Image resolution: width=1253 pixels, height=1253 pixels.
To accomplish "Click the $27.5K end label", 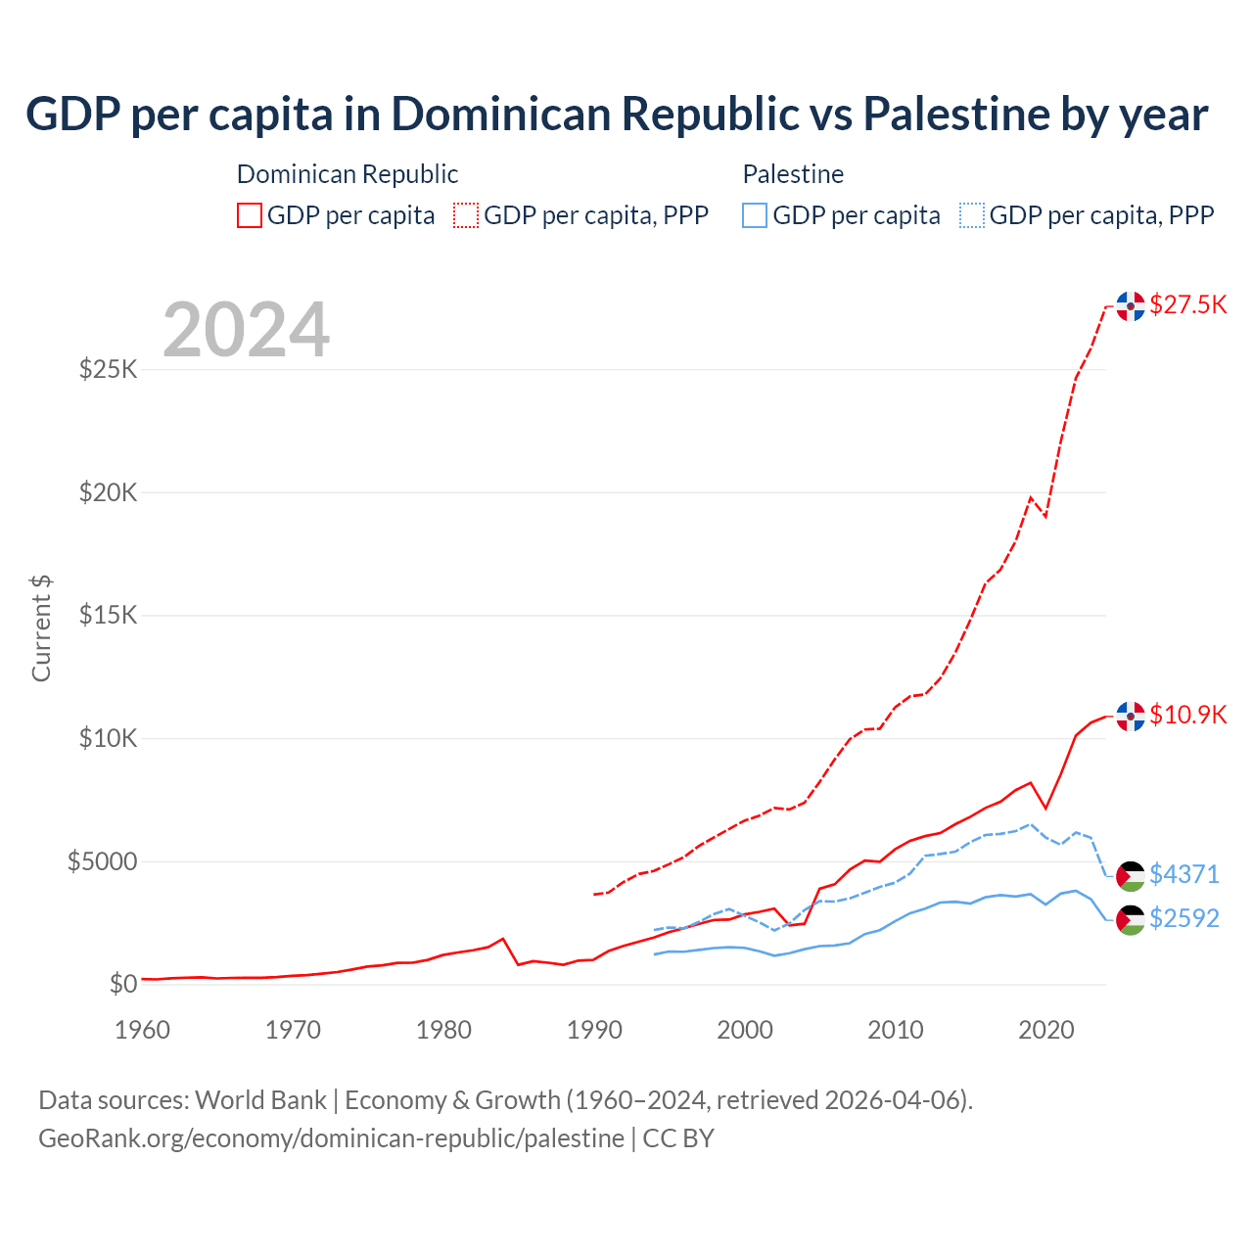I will pyautogui.click(x=1187, y=304).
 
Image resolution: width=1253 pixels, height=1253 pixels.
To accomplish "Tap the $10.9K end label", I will pyautogui.click(x=1187, y=715).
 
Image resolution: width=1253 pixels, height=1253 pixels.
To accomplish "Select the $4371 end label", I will pyautogui.click(x=1183, y=873).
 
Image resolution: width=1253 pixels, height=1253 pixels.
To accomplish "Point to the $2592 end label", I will pyautogui.click(x=1183, y=918).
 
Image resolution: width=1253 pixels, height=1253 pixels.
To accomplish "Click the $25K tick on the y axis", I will pyautogui.click(x=108, y=370).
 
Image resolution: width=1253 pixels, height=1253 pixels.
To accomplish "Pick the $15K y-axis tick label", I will pyautogui.click(x=108, y=616).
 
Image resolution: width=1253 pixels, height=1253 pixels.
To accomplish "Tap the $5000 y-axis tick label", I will pyautogui.click(x=102, y=861).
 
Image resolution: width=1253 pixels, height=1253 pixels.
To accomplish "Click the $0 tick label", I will pyautogui.click(x=122, y=984).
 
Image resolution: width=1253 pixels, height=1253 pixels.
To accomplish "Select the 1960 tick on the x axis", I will pyautogui.click(x=143, y=1030).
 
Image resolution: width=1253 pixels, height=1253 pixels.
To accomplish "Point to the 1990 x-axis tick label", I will pyautogui.click(x=595, y=1030).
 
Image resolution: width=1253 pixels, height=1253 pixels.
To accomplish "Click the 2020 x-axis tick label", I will pyautogui.click(x=1046, y=1030).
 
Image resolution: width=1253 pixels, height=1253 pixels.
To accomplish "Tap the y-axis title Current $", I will pyautogui.click(x=41, y=628).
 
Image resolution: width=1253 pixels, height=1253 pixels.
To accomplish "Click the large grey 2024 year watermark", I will pyautogui.click(x=246, y=330).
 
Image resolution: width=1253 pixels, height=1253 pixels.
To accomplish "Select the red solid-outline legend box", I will pyautogui.click(x=250, y=215).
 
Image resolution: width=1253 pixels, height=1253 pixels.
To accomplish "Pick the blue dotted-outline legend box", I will pyautogui.click(x=972, y=215).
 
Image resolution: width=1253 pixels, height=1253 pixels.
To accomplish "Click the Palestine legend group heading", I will pyautogui.click(x=793, y=174).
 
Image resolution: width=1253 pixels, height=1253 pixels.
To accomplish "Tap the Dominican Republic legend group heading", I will pyautogui.click(x=348, y=174).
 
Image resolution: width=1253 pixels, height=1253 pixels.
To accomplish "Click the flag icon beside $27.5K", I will pyautogui.click(x=1131, y=306).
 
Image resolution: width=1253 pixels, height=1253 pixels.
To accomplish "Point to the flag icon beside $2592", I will pyautogui.click(x=1131, y=920).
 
